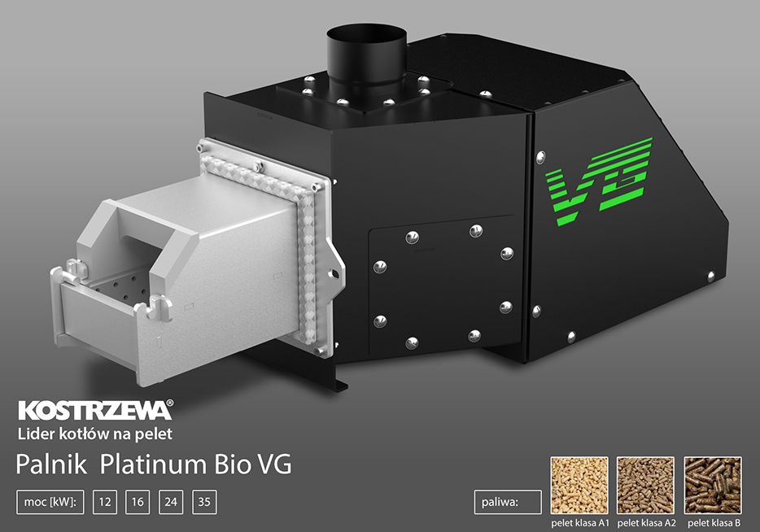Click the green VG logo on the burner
(600, 181)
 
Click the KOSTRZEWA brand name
(94, 410)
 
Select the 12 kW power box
(105, 502)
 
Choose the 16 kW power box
(138, 502)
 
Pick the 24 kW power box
(171, 502)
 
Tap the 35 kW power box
(204, 502)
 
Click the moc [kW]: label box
(50, 502)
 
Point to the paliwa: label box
(508, 502)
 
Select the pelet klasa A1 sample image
(579, 485)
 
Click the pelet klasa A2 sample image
(645, 485)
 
